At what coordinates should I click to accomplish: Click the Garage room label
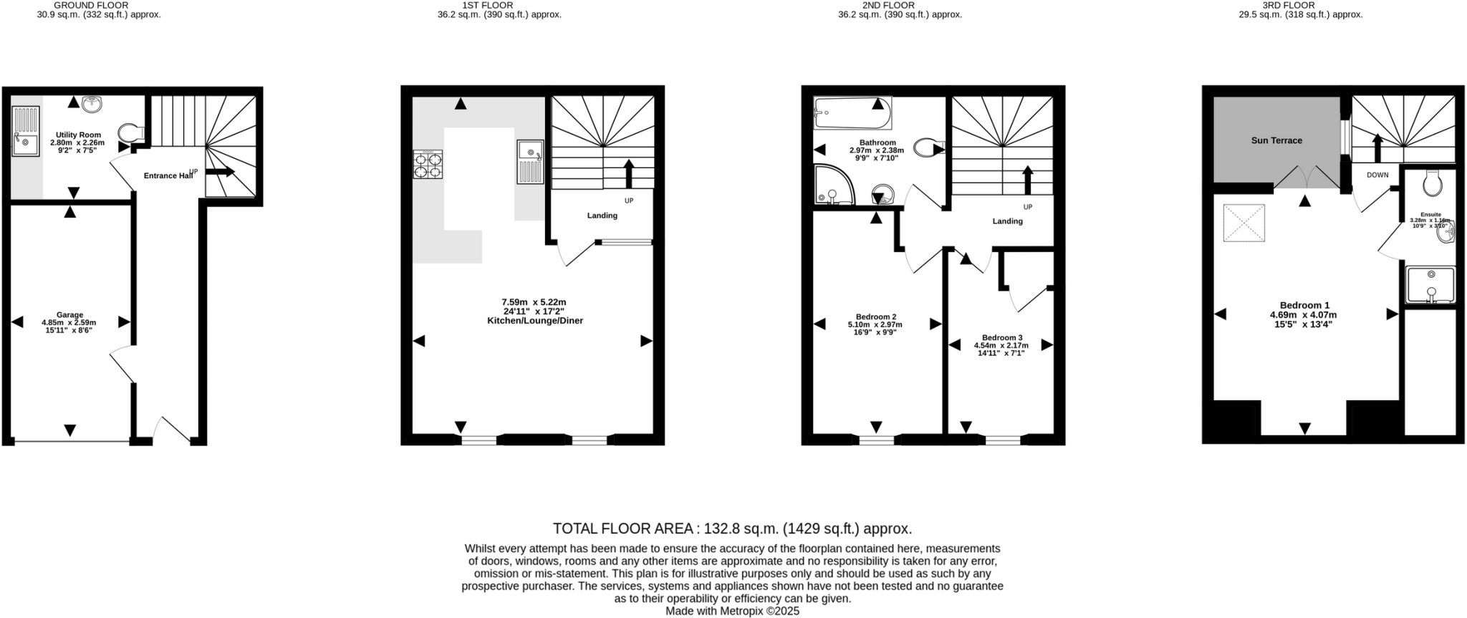point(69,315)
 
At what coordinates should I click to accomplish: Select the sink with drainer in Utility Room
point(26,131)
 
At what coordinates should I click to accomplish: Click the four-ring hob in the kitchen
point(428,165)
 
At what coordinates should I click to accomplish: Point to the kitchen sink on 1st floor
point(531,162)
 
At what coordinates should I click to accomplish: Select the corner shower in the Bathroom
point(832,185)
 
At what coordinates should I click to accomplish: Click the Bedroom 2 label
point(875,317)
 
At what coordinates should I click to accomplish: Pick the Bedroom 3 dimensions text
point(1001,349)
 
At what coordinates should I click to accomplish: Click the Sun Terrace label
point(1276,140)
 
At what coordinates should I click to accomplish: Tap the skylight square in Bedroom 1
point(1244,224)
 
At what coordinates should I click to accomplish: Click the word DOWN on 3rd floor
point(1377,175)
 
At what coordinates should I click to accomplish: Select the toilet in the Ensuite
point(1432,183)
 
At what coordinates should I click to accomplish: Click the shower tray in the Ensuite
point(1430,284)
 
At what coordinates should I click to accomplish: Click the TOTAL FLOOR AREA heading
point(732,528)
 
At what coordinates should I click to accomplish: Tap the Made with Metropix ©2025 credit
point(732,611)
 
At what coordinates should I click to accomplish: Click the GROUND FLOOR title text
point(91,5)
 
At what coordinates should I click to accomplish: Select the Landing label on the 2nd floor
point(1007,221)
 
